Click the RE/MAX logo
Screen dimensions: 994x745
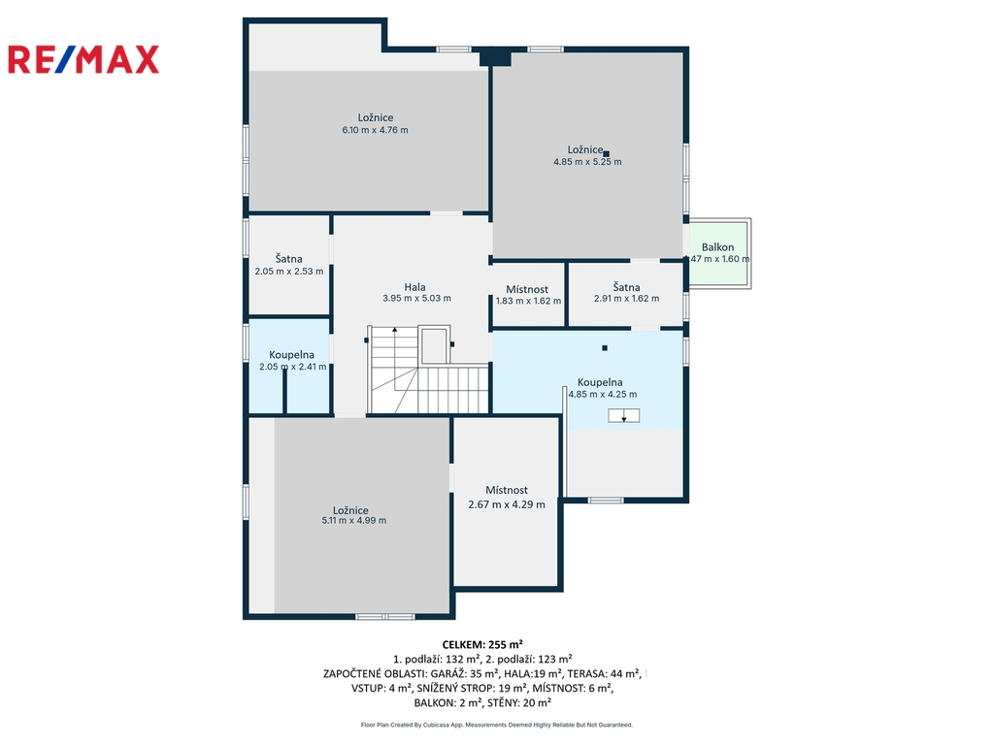[83, 59]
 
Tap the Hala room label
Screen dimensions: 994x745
[415, 287]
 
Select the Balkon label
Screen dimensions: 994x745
[717, 247]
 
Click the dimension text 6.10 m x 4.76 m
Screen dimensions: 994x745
[376, 130]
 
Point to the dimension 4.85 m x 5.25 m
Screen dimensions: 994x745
[587, 162]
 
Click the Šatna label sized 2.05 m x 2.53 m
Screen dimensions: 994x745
[288, 258]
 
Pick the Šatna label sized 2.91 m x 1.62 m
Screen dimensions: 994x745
[626, 287]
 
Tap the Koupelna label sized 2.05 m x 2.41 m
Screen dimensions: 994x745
[291, 355]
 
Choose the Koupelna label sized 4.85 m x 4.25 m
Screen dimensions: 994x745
[600, 382]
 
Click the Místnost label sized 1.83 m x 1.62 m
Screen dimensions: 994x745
[527, 289]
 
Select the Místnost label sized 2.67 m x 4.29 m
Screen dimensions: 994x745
[507, 490]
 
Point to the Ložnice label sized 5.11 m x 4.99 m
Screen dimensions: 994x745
[350, 510]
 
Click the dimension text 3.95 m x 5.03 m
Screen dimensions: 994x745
[416, 299]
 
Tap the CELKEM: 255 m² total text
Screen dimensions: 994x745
[482, 645]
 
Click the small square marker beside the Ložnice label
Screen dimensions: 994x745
[606, 153]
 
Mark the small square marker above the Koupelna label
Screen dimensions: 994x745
[605, 348]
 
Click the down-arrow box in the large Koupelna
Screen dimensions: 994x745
[624, 415]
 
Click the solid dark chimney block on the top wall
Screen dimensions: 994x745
[495, 57]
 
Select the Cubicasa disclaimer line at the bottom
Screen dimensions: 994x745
[496, 725]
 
